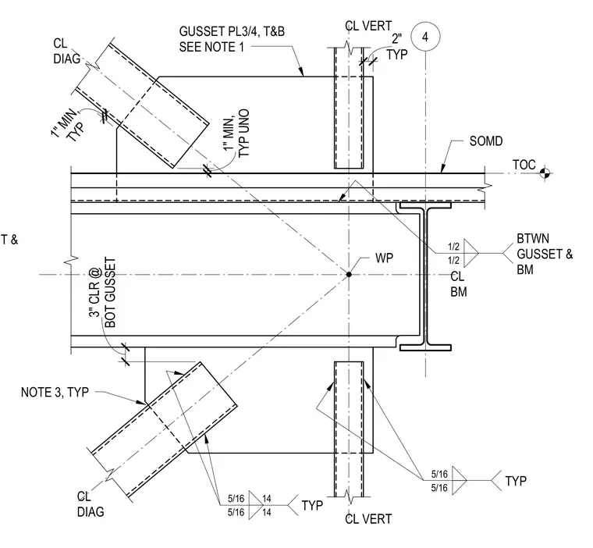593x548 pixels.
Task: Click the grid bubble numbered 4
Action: pyautogui.click(x=425, y=37)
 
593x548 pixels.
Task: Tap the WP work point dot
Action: pyautogui.click(x=349, y=274)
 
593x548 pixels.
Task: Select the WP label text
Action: pyautogui.click(x=384, y=258)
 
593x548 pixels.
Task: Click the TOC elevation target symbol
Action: pyautogui.click(x=545, y=173)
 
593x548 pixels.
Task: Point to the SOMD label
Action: pyautogui.click(x=486, y=141)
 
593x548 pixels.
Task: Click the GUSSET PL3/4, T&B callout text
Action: pyautogui.click(x=232, y=31)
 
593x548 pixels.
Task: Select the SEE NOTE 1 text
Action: pyautogui.click(x=211, y=47)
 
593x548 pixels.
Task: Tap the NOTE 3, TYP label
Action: pyautogui.click(x=55, y=392)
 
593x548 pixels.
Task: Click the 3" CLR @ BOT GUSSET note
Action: pyautogui.click(x=102, y=293)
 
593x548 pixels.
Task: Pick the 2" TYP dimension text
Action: pyautogui.click(x=396, y=47)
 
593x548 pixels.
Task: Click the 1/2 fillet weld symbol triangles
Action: pyautogui.click(x=471, y=253)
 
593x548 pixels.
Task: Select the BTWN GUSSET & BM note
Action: pyautogui.click(x=545, y=254)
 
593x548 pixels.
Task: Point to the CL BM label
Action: pyautogui.click(x=458, y=284)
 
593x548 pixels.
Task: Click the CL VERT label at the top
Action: pyautogui.click(x=368, y=26)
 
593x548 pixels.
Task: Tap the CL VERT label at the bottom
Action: pyautogui.click(x=368, y=519)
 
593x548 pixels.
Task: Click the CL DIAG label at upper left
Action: pyautogui.click(x=66, y=51)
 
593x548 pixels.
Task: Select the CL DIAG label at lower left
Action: pyautogui.click(x=90, y=504)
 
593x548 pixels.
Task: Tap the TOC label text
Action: pyautogui.click(x=524, y=165)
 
